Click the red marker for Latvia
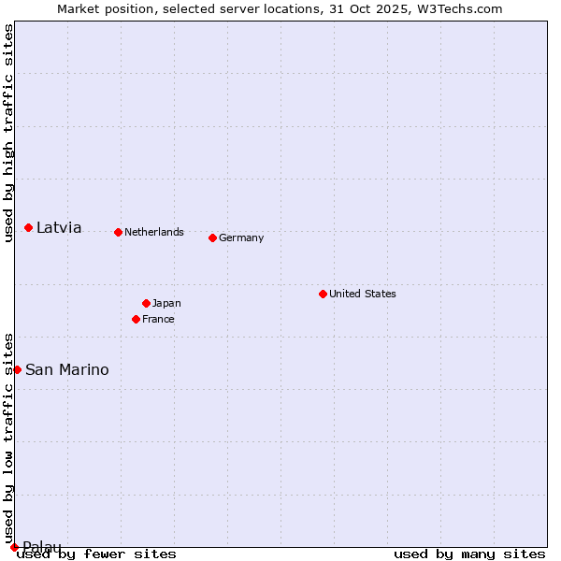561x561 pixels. [x=29, y=227]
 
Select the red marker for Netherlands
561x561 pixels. [x=118, y=232]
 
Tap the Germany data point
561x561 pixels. [x=212, y=237]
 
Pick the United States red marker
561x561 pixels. [x=323, y=294]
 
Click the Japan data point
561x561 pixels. [x=146, y=303]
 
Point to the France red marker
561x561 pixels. [x=136, y=319]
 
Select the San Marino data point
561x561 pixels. [x=17, y=369]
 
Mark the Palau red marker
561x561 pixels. [x=14, y=547]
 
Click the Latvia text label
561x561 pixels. [x=59, y=227]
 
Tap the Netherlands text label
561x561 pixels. [x=154, y=232]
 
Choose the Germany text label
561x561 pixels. [x=241, y=237]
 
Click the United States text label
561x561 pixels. [x=363, y=294]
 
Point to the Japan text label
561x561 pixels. [x=166, y=303]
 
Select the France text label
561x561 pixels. [x=158, y=319]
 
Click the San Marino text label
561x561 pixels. [x=66, y=369]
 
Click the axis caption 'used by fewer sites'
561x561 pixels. [x=96, y=554]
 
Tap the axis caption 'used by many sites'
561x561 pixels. [x=469, y=554]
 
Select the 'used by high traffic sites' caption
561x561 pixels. [x=8, y=133]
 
